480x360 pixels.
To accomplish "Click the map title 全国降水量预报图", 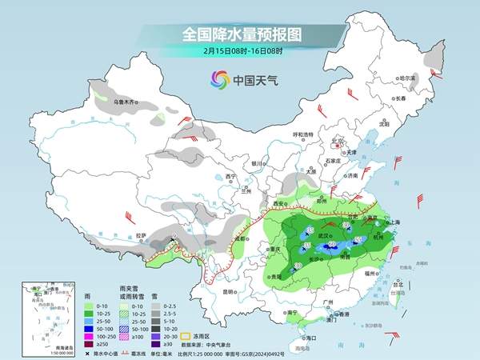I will [239, 34].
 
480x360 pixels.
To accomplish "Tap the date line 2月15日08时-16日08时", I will [239, 50].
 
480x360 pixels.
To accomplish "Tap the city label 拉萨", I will [142, 235].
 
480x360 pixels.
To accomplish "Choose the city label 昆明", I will [230, 291].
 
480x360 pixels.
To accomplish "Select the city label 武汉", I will [323, 235].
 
